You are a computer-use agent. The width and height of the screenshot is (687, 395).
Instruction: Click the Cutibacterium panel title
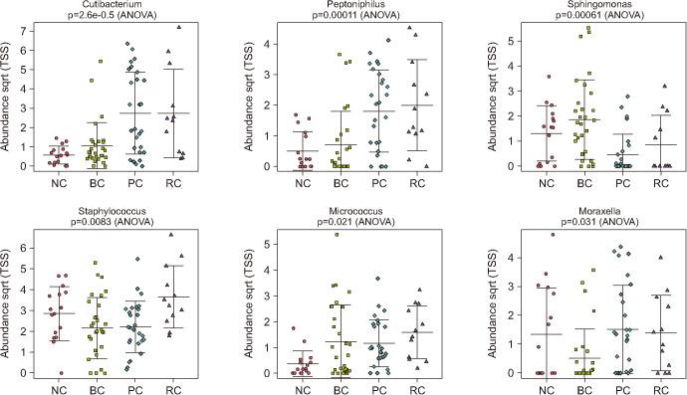(x=114, y=6)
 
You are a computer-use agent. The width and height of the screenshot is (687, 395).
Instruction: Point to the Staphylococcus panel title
(x=114, y=211)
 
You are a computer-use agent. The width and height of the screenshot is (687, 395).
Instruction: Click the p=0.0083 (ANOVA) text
(x=114, y=223)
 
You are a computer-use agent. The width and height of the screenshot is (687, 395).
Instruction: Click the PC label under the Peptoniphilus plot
(x=368, y=183)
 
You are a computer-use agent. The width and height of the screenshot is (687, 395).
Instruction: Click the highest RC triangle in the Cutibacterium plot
(x=178, y=27)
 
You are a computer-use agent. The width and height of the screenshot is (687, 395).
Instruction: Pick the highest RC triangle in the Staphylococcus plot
(x=170, y=236)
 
